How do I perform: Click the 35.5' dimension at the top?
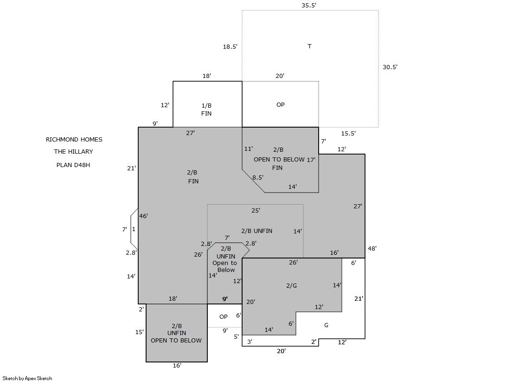pos(308,5)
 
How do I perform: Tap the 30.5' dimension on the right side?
pos(390,67)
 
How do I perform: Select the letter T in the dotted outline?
pos(309,46)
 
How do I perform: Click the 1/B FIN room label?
pos(206,110)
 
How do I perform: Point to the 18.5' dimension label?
pos(230,47)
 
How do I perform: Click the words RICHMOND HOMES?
pos(74,140)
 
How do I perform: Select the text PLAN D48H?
pos(73,165)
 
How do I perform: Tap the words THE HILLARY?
pos(73,151)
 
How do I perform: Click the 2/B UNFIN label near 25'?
pos(257,231)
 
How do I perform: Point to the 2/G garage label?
pos(292,285)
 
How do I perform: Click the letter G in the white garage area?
pos(327,325)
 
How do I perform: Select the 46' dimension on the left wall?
pos(143,216)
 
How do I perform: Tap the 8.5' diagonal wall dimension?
pos(258,178)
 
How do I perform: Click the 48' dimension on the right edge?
pos(372,248)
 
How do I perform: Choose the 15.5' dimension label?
pos(348,134)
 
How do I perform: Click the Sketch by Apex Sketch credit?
pos(27,378)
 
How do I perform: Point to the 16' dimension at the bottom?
pos(177,365)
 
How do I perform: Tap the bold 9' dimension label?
pos(225,299)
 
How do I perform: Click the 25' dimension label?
pos(256,210)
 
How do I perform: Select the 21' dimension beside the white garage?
pos(359,298)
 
